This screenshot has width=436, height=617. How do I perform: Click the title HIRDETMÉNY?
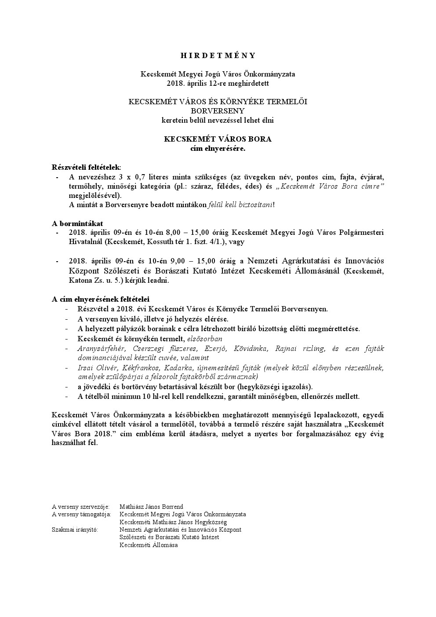coord(218,55)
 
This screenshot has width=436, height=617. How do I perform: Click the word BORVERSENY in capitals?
coord(218,111)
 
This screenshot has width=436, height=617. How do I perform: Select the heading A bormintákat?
coord(77,223)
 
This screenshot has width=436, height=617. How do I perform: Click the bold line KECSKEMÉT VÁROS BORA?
coord(218,139)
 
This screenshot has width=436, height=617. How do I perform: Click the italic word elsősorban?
coord(205,339)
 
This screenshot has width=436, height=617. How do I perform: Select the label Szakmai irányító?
coord(75,529)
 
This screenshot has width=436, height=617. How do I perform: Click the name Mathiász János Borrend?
coord(151,507)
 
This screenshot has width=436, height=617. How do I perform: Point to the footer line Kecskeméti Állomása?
coord(149,545)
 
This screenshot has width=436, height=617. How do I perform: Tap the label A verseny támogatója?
coord(81,514)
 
